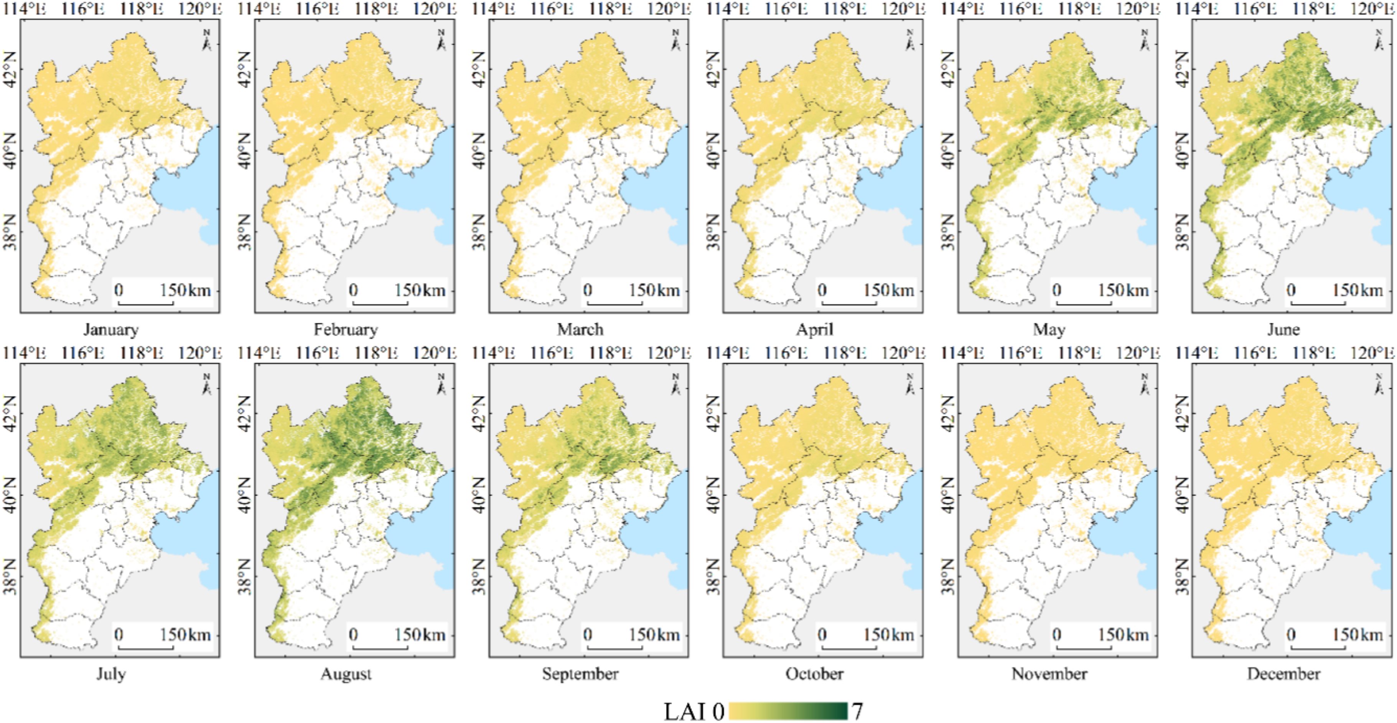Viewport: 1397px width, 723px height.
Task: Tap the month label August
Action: click(x=346, y=674)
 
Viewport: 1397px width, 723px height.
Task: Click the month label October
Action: click(x=815, y=674)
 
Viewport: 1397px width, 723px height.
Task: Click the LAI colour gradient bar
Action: click(x=788, y=710)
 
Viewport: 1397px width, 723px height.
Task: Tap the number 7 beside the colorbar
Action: click(x=857, y=710)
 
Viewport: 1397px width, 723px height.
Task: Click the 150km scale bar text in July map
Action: click(x=185, y=634)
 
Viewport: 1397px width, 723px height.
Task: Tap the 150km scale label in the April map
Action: click(x=888, y=290)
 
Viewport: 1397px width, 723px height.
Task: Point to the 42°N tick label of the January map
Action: click(x=10, y=70)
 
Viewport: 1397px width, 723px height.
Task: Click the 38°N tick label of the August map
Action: click(x=245, y=577)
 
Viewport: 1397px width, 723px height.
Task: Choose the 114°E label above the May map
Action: click(x=962, y=9)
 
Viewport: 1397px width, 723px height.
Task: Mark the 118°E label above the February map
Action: click(x=376, y=9)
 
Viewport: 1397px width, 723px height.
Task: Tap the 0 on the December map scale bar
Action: click(x=1291, y=634)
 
